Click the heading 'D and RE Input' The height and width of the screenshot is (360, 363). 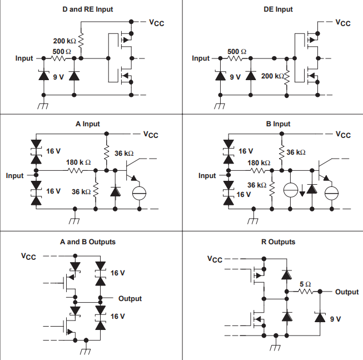click(91, 9)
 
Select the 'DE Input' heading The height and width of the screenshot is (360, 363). click(278, 9)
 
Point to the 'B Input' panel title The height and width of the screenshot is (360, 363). click(278, 124)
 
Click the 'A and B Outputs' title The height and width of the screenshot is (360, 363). click(88, 242)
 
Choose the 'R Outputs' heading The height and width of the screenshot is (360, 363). click(278, 242)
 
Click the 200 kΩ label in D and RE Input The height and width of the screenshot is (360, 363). click(64, 41)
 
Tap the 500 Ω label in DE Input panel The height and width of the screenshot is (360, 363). click(237, 51)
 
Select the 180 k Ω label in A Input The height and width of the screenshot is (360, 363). click(78, 162)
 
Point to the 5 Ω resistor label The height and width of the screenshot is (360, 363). click(305, 284)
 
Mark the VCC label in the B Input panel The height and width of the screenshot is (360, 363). click(343, 135)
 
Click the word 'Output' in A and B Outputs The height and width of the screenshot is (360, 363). click(130, 299)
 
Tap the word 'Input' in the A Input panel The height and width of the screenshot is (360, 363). click(15, 176)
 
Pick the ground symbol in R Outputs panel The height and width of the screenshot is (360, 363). click(275, 348)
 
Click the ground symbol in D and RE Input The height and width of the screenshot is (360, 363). click(43, 105)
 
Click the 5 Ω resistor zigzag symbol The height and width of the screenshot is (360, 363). click(305, 292)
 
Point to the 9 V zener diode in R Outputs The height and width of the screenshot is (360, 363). click(320, 317)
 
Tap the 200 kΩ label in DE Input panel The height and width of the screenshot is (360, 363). click(272, 76)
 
